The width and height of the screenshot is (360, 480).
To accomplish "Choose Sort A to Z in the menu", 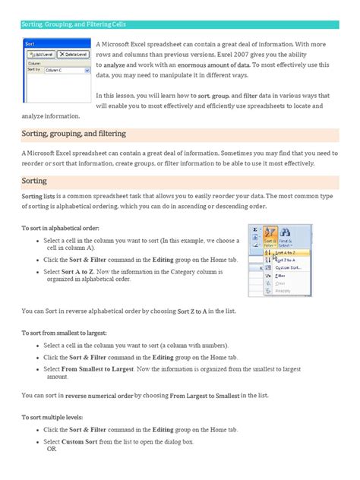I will point(286,253).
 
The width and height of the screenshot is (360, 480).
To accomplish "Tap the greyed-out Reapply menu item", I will point(283,291).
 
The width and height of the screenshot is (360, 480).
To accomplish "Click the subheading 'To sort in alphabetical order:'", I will point(60,227).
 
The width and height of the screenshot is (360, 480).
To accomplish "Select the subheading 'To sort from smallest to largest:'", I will point(64,333).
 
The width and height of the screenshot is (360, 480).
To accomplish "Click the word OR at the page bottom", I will point(52,447).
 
